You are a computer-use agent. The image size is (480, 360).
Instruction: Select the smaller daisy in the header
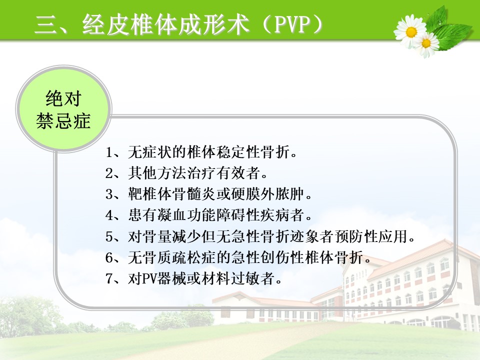click(x=426, y=44)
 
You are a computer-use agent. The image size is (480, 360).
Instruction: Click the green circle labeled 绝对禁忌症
click(x=63, y=109)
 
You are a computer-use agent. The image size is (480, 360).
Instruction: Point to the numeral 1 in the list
click(x=109, y=152)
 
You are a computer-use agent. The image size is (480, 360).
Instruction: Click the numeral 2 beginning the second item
click(x=109, y=173)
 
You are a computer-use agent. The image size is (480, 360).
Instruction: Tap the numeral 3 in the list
click(x=109, y=194)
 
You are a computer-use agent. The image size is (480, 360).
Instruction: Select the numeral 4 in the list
click(x=109, y=215)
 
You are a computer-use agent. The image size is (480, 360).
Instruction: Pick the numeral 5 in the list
click(x=109, y=236)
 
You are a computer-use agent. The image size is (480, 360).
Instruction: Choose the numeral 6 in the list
click(x=109, y=257)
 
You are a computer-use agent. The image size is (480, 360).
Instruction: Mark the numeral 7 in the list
click(x=109, y=278)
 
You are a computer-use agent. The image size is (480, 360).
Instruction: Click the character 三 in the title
click(x=46, y=24)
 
